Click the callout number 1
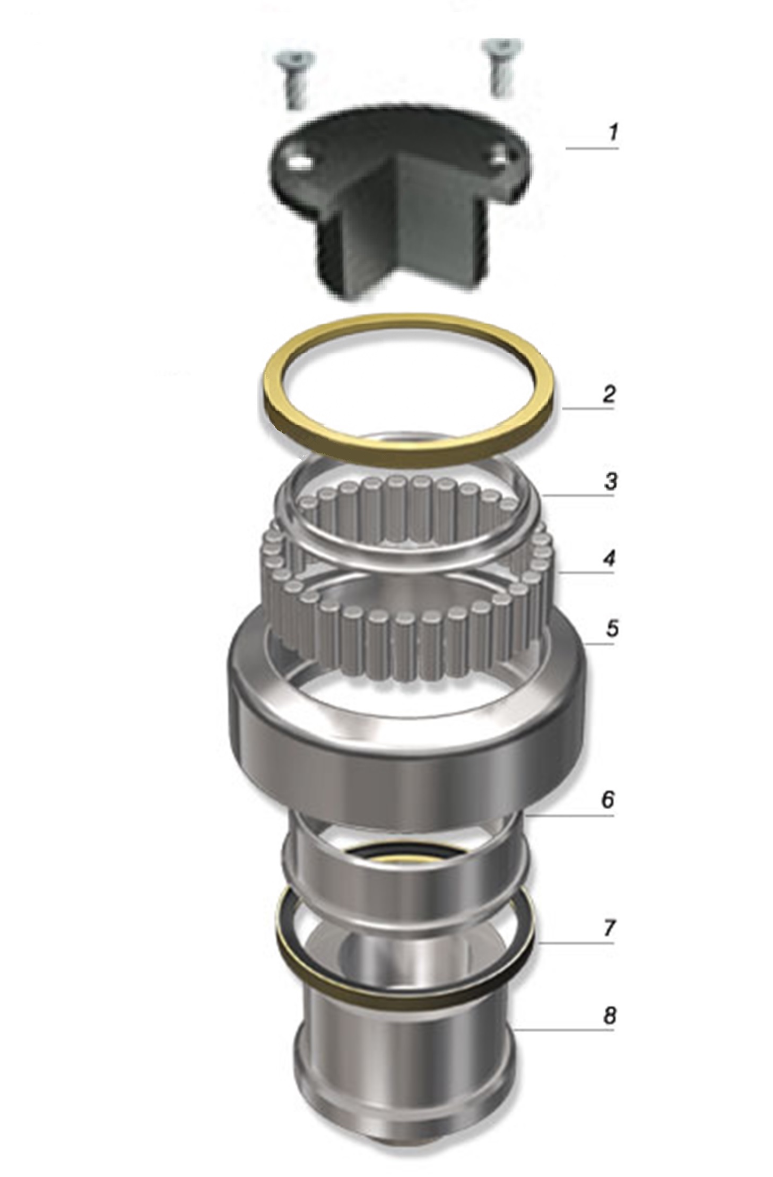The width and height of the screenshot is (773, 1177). pos(613,133)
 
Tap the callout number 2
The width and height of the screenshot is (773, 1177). pos(609,394)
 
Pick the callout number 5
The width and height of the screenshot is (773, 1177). pos(612,629)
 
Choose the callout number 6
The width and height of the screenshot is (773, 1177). pos(608,800)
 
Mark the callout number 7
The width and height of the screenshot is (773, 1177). pos(609,928)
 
